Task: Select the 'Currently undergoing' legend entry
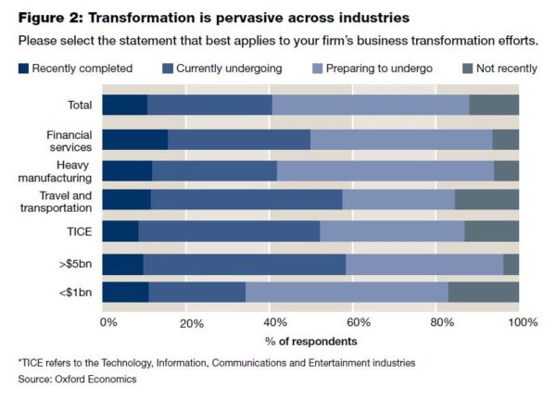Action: [x=219, y=68]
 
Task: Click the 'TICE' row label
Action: [x=78, y=231]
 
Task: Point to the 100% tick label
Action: [x=521, y=322]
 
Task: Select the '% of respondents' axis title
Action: [x=310, y=341]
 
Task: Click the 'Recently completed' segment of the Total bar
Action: [x=124, y=105]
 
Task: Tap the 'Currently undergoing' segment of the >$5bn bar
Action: [x=245, y=265]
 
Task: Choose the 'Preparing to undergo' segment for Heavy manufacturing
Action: [x=385, y=170]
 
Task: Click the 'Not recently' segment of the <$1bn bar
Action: [x=483, y=293]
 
